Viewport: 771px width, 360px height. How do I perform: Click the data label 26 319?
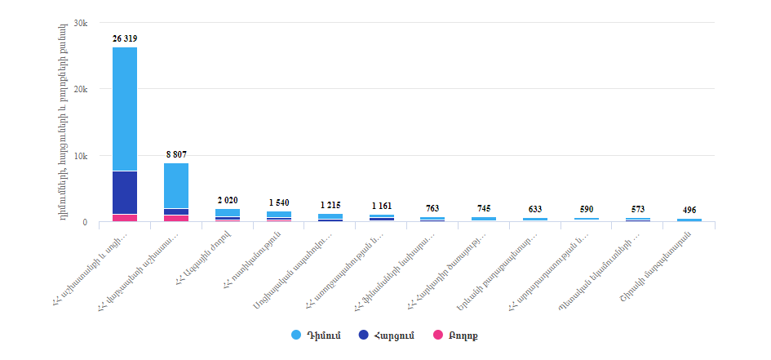point(125,38)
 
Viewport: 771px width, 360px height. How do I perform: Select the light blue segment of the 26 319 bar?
point(125,109)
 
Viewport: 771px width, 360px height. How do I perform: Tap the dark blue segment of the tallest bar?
point(125,192)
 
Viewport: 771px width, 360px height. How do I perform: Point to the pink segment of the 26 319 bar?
point(125,218)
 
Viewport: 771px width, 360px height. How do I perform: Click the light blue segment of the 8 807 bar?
point(176,185)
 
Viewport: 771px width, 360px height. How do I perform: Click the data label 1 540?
point(279,202)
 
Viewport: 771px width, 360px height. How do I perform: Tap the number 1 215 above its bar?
point(330,204)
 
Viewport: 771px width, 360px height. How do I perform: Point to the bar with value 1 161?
point(382,217)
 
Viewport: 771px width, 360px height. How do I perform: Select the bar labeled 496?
point(689,220)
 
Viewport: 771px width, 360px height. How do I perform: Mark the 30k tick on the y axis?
point(81,23)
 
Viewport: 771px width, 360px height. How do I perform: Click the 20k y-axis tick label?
point(81,89)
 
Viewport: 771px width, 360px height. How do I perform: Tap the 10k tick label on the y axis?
point(81,156)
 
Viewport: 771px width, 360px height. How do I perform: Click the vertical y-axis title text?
point(64,122)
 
